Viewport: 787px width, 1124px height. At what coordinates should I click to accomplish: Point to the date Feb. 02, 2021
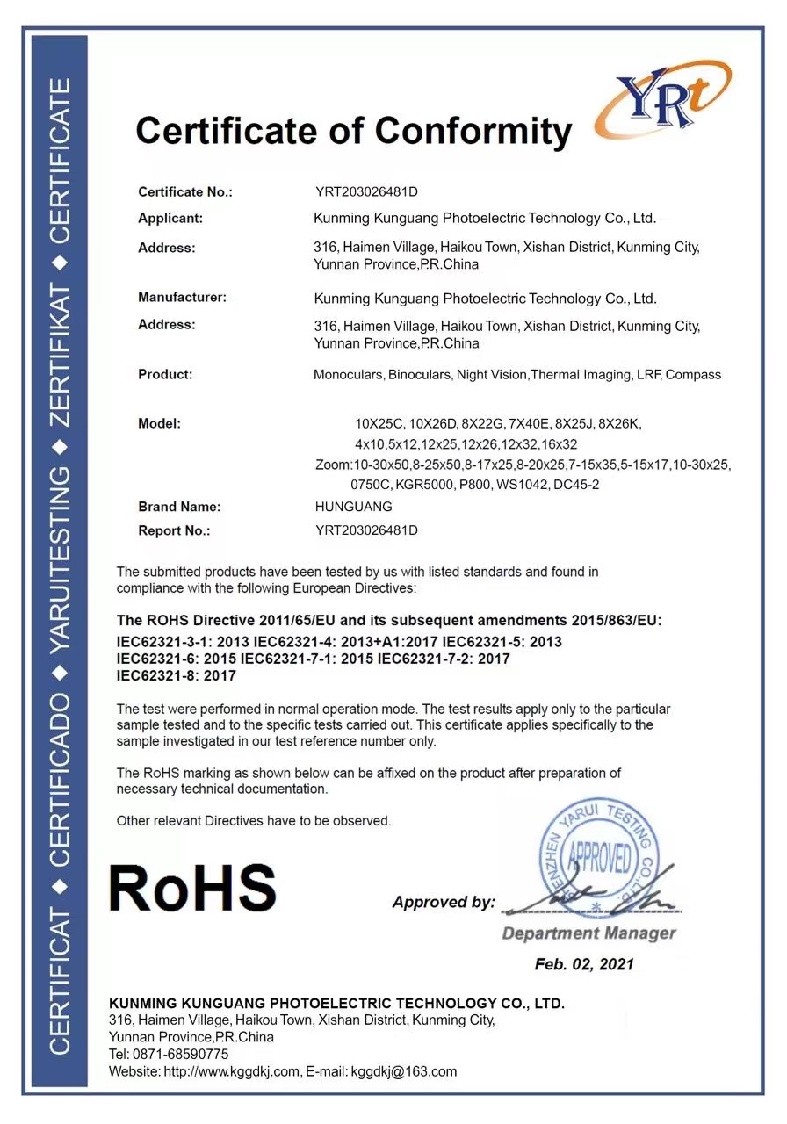click(x=584, y=964)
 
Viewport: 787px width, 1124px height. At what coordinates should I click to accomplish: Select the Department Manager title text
click(x=588, y=933)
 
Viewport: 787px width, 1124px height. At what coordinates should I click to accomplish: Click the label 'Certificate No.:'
click(x=185, y=191)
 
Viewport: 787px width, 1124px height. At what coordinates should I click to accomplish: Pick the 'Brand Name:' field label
click(x=179, y=507)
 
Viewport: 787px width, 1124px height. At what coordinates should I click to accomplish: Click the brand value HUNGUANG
click(x=353, y=507)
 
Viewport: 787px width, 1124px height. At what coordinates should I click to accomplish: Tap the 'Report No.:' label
click(x=174, y=530)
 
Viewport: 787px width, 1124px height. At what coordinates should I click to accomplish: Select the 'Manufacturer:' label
click(x=182, y=297)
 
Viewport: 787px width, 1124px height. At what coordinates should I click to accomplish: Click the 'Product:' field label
click(x=164, y=374)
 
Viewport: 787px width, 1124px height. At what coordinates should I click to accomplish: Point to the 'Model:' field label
click(x=159, y=423)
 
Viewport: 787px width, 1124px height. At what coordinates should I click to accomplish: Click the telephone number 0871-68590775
click(x=180, y=1054)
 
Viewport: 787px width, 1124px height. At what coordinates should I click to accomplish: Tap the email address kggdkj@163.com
click(x=404, y=1071)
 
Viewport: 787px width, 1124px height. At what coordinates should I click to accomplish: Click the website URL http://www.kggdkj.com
click(x=232, y=1071)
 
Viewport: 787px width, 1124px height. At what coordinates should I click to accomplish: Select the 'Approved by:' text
click(x=444, y=902)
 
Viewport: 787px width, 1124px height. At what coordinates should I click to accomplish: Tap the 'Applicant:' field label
click(x=170, y=218)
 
